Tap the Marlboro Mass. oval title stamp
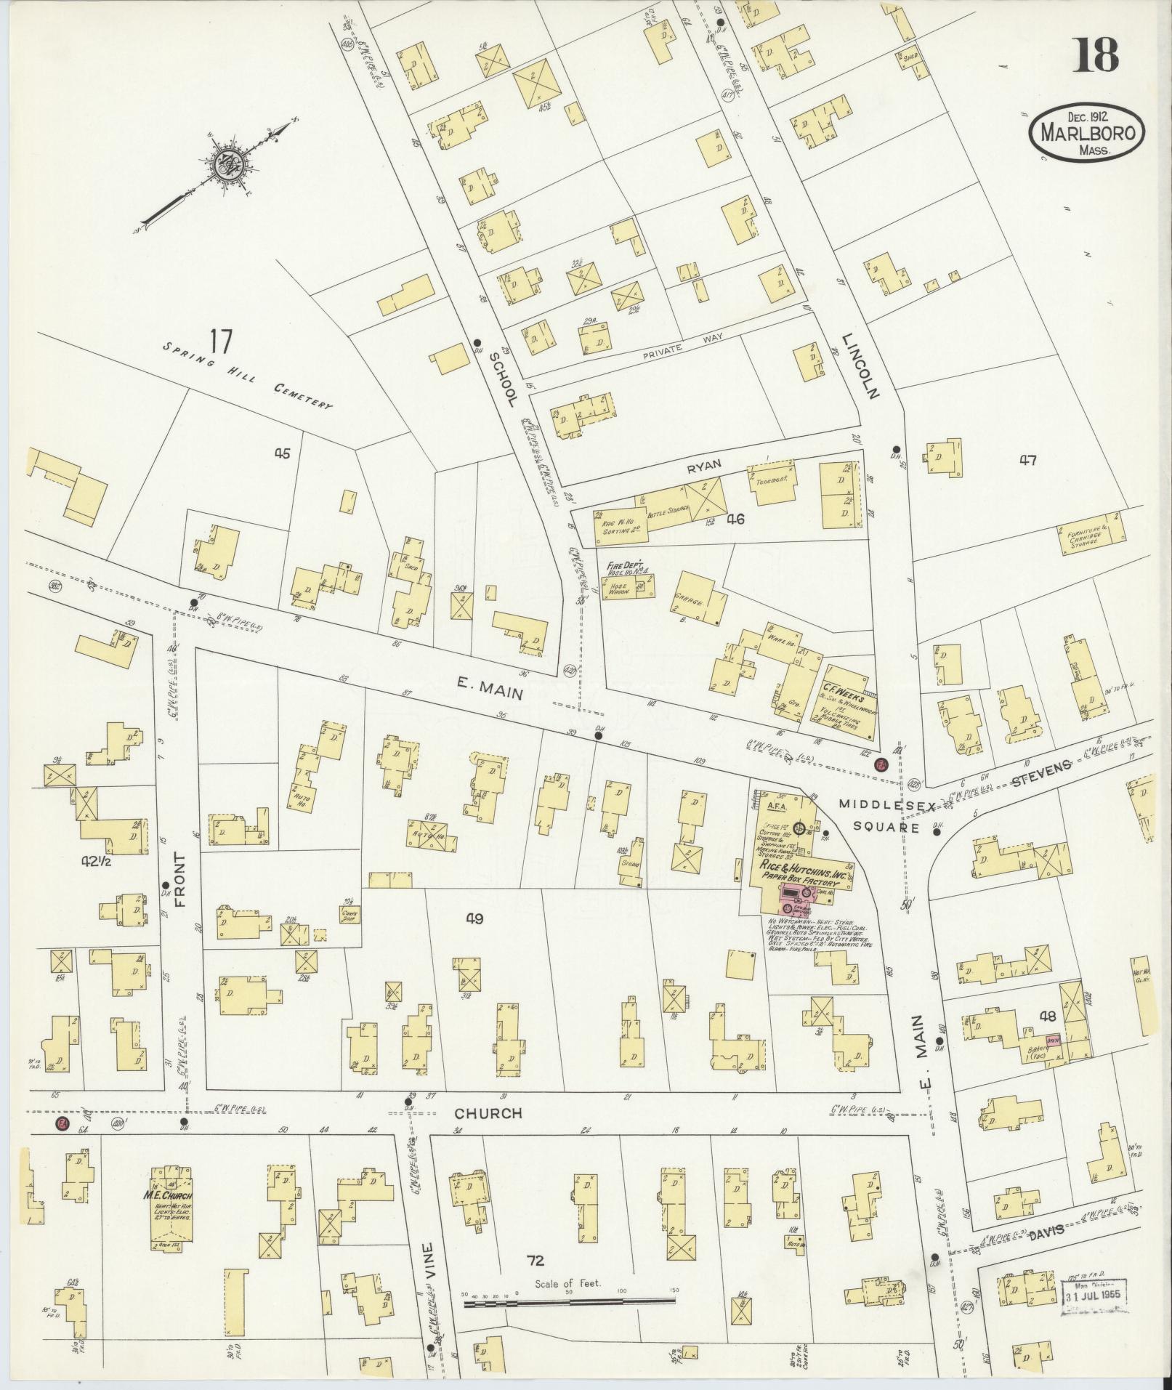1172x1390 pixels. click(1087, 133)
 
